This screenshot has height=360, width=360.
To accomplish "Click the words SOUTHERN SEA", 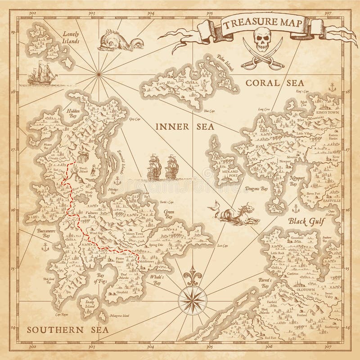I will click(x=67, y=330).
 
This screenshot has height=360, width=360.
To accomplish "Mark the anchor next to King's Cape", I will click(x=332, y=88).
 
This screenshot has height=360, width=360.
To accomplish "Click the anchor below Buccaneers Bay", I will click(x=45, y=246).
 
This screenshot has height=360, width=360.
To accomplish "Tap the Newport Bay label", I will click(x=293, y=181).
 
